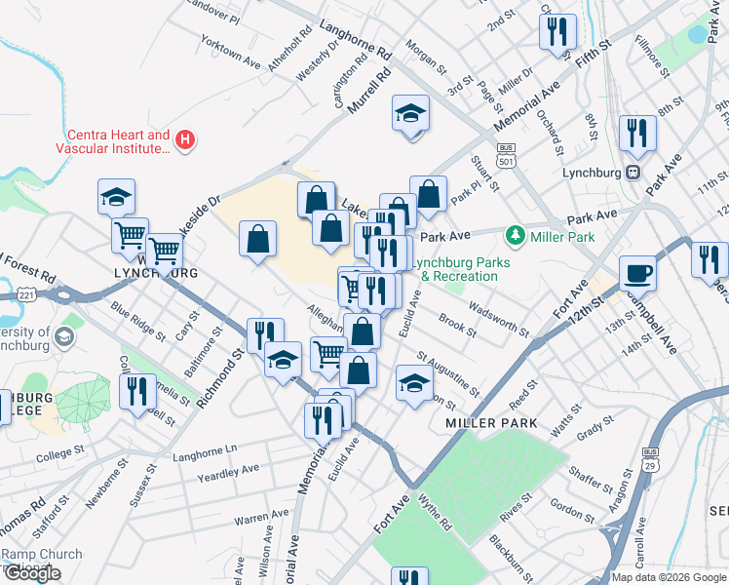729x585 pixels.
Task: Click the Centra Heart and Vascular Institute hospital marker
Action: coord(184,141)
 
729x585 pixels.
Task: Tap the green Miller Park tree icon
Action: coord(515,235)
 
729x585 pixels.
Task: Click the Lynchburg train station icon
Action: coord(633,173)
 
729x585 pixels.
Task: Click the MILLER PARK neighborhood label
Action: coord(485,423)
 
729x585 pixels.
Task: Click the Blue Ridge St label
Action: coord(139,323)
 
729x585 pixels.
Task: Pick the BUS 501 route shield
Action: coord(505,151)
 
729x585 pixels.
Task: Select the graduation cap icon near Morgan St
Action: coord(410,114)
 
